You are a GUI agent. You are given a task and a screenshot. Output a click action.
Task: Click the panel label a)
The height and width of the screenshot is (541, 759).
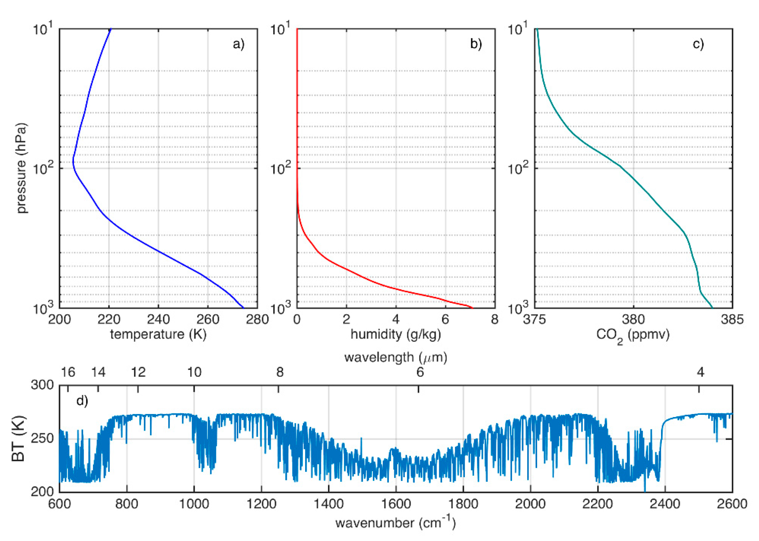(238, 44)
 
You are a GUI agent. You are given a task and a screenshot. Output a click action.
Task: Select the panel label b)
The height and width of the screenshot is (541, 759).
(476, 44)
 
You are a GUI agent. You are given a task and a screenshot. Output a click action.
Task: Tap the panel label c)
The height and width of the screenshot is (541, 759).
(698, 44)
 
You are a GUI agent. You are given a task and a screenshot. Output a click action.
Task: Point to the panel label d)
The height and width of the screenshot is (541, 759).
(82, 401)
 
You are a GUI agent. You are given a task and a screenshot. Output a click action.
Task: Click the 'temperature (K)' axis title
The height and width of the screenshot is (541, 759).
(158, 334)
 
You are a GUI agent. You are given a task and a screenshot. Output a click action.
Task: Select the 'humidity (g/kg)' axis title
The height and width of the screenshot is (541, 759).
(396, 334)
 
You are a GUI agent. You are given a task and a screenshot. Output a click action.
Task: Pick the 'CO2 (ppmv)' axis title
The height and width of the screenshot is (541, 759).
(633, 335)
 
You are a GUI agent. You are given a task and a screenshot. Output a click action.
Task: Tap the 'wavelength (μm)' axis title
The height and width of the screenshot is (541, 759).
(396, 357)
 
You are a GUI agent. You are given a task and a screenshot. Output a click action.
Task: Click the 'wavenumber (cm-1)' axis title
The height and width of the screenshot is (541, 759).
(396, 523)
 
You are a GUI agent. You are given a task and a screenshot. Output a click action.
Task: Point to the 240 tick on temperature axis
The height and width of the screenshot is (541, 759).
(158, 319)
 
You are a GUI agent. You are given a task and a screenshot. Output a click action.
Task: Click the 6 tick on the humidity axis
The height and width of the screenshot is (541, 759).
(445, 319)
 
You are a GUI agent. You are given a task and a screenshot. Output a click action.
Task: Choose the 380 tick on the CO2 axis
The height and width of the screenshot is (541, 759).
(633, 319)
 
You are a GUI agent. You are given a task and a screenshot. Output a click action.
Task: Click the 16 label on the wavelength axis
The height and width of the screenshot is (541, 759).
(68, 372)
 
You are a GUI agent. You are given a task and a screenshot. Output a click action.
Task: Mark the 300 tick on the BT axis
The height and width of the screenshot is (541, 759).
(42, 385)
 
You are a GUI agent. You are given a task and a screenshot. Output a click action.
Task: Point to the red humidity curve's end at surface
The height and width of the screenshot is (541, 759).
(471, 307)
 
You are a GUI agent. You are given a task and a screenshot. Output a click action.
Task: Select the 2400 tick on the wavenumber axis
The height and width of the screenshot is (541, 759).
(665, 503)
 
